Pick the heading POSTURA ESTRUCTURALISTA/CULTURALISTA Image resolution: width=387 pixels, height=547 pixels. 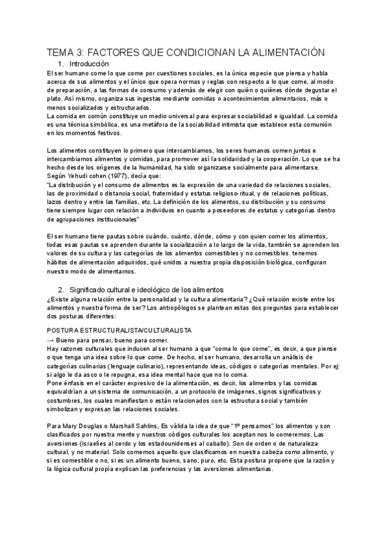(119, 330)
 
